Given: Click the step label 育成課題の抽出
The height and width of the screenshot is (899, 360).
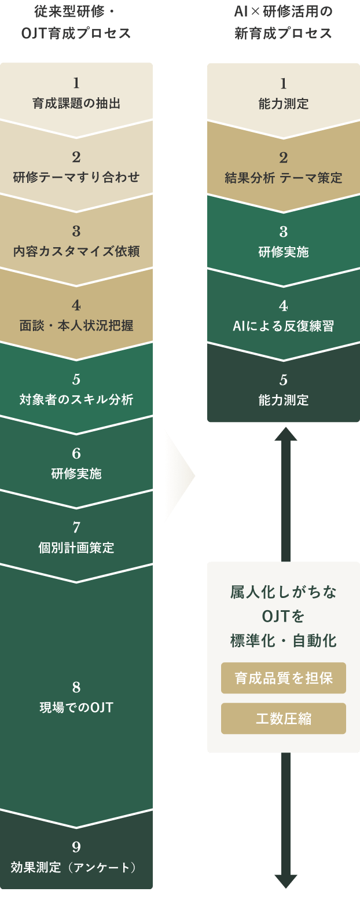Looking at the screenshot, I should coord(76,104).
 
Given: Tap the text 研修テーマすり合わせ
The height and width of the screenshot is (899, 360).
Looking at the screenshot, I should coord(76,178).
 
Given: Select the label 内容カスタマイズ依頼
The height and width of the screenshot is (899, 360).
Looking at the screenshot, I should coord(76,252).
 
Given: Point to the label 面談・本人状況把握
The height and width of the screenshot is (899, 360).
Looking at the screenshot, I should coord(76,326).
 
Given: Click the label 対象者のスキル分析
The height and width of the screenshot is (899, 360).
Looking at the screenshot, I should coord(76,400).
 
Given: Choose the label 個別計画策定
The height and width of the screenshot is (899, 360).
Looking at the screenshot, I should coord(76,548).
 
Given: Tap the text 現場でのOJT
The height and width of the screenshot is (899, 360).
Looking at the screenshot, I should coord(76,707).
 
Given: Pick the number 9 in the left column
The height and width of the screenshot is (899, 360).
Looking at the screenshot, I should coord(76,847).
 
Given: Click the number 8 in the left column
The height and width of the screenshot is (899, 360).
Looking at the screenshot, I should coord(76,688).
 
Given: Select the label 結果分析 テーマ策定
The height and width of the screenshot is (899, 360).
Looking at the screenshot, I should coord(284,178).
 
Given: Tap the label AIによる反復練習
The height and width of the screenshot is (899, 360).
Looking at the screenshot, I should coord(284,326).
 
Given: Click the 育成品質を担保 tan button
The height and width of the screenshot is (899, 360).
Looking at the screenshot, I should coord(284,678).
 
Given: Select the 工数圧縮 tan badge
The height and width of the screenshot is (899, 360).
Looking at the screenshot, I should coord(284,718).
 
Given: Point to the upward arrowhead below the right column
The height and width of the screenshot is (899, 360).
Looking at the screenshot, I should coord(285,434).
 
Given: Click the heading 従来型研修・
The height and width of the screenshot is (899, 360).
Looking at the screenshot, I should coord(76,13).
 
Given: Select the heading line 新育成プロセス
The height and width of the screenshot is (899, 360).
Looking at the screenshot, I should coord(284,34).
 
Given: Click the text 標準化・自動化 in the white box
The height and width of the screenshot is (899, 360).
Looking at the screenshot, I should coord(284,641).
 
